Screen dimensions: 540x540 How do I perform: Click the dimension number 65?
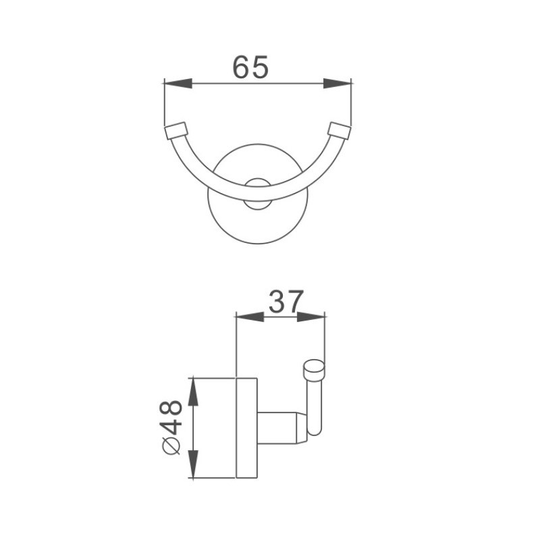[250, 67]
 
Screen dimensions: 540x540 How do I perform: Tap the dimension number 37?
[286, 302]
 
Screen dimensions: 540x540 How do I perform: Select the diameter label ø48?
[171, 427]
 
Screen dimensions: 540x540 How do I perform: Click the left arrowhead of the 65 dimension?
[178, 83]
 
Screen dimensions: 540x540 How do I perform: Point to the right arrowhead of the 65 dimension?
[337, 83]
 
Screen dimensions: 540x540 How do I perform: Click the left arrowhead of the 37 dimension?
[250, 317]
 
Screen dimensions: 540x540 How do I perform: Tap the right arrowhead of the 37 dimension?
[310, 317]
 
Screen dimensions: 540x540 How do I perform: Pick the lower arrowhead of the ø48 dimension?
[193, 464]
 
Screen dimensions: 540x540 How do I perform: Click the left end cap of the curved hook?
[176, 130]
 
